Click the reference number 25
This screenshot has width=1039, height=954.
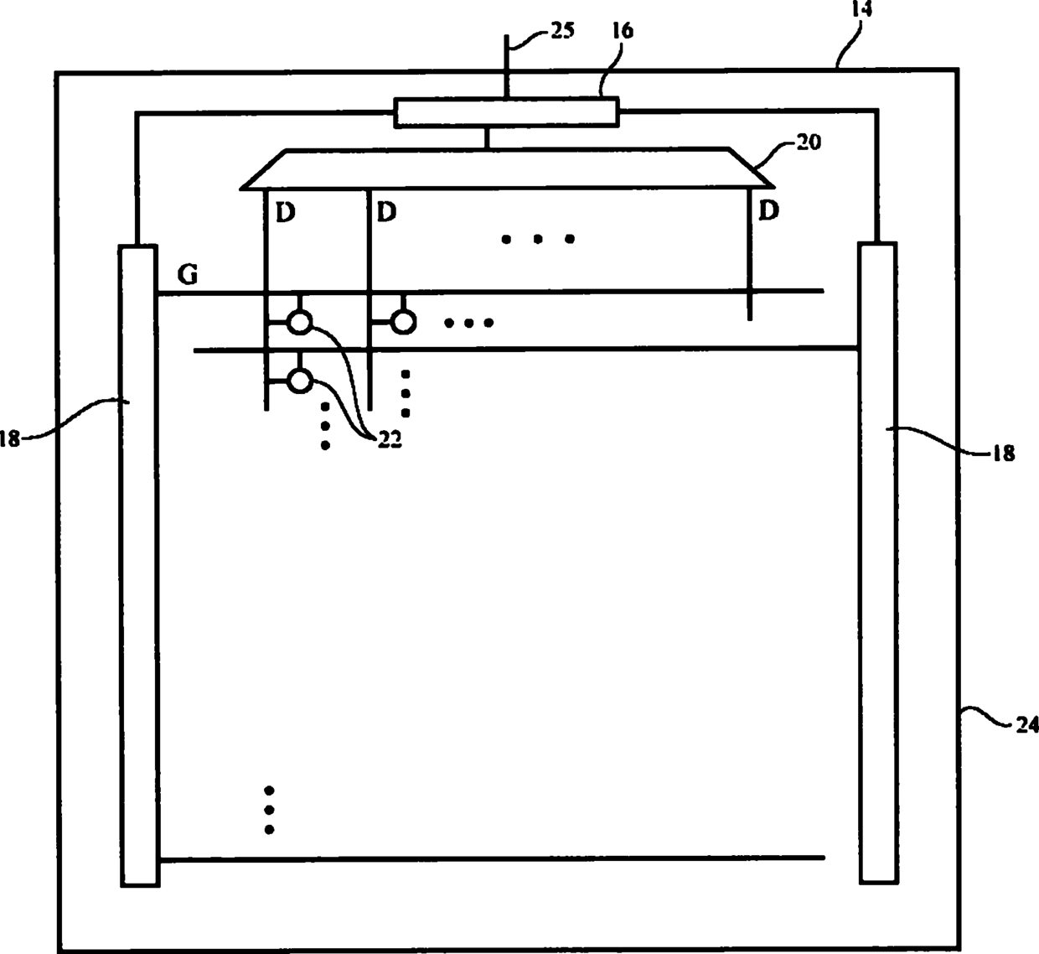[x=562, y=31]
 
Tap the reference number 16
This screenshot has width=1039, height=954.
[x=623, y=32]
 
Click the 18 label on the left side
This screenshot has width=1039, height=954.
[x=9, y=438]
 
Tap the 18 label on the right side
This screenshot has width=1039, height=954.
[x=1003, y=453]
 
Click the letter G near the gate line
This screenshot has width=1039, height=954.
[x=188, y=274]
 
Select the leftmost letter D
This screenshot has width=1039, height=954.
[x=285, y=213]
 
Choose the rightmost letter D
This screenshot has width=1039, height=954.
[x=768, y=210]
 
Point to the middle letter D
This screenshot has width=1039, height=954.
[x=385, y=212]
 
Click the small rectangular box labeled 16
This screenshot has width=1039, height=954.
[x=507, y=112]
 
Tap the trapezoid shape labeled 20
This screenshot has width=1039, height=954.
[x=507, y=169]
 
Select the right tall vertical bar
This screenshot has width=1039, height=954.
[x=878, y=562]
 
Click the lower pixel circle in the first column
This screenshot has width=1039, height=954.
[x=299, y=381]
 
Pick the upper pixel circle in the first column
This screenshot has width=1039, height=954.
[x=299, y=321]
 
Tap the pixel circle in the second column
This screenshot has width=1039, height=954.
[x=404, y=321]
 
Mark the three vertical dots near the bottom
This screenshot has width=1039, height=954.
[x=269, y=810]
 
